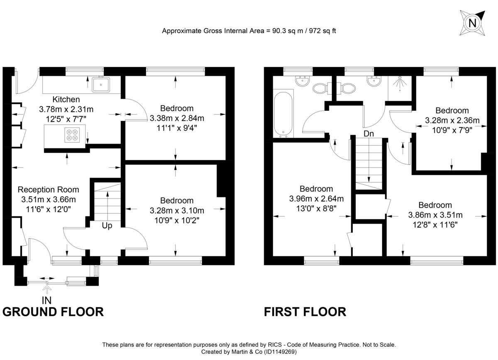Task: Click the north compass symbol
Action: (472, 23)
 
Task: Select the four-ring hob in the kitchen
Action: (71, 136)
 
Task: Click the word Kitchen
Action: (66, 99)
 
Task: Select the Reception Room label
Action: (48, 190)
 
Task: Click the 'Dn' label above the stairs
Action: (368, 134)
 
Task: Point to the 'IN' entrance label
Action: (47, 299)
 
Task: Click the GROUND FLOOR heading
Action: (53, 312)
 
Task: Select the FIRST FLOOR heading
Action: (305, 312)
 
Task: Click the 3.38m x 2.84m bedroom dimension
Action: (177, 118)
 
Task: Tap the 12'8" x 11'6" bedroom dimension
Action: (435, 225)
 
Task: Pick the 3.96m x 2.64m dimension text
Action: (316, 198)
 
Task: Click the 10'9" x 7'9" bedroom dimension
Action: (452, 130)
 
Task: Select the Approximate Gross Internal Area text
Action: (249, 31)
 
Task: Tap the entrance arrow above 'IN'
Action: (47, 289)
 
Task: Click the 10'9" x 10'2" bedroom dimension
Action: (177, 220)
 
